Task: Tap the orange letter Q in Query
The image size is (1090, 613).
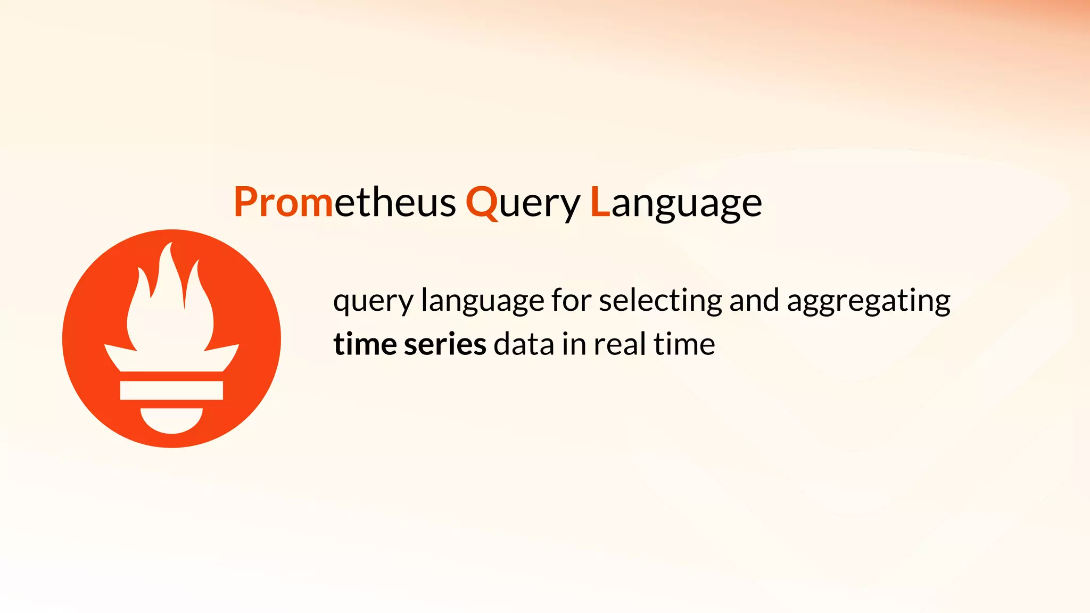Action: coord(482,202)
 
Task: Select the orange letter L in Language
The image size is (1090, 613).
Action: coord(600,202)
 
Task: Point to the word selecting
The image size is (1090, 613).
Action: coord(660,301)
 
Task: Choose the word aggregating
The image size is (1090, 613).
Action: coord(868,302)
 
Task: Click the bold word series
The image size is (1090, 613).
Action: coord(445,344)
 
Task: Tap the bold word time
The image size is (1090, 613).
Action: coord(365,344)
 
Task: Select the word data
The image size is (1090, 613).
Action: coord(524,344)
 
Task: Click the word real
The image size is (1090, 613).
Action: coord(620,344)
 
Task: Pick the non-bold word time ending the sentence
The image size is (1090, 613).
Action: coord(684,344)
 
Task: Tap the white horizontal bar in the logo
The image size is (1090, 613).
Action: coord(171,390)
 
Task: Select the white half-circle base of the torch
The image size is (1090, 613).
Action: coord(171,420)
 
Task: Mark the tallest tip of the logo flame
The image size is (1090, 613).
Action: coord(170,245)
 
